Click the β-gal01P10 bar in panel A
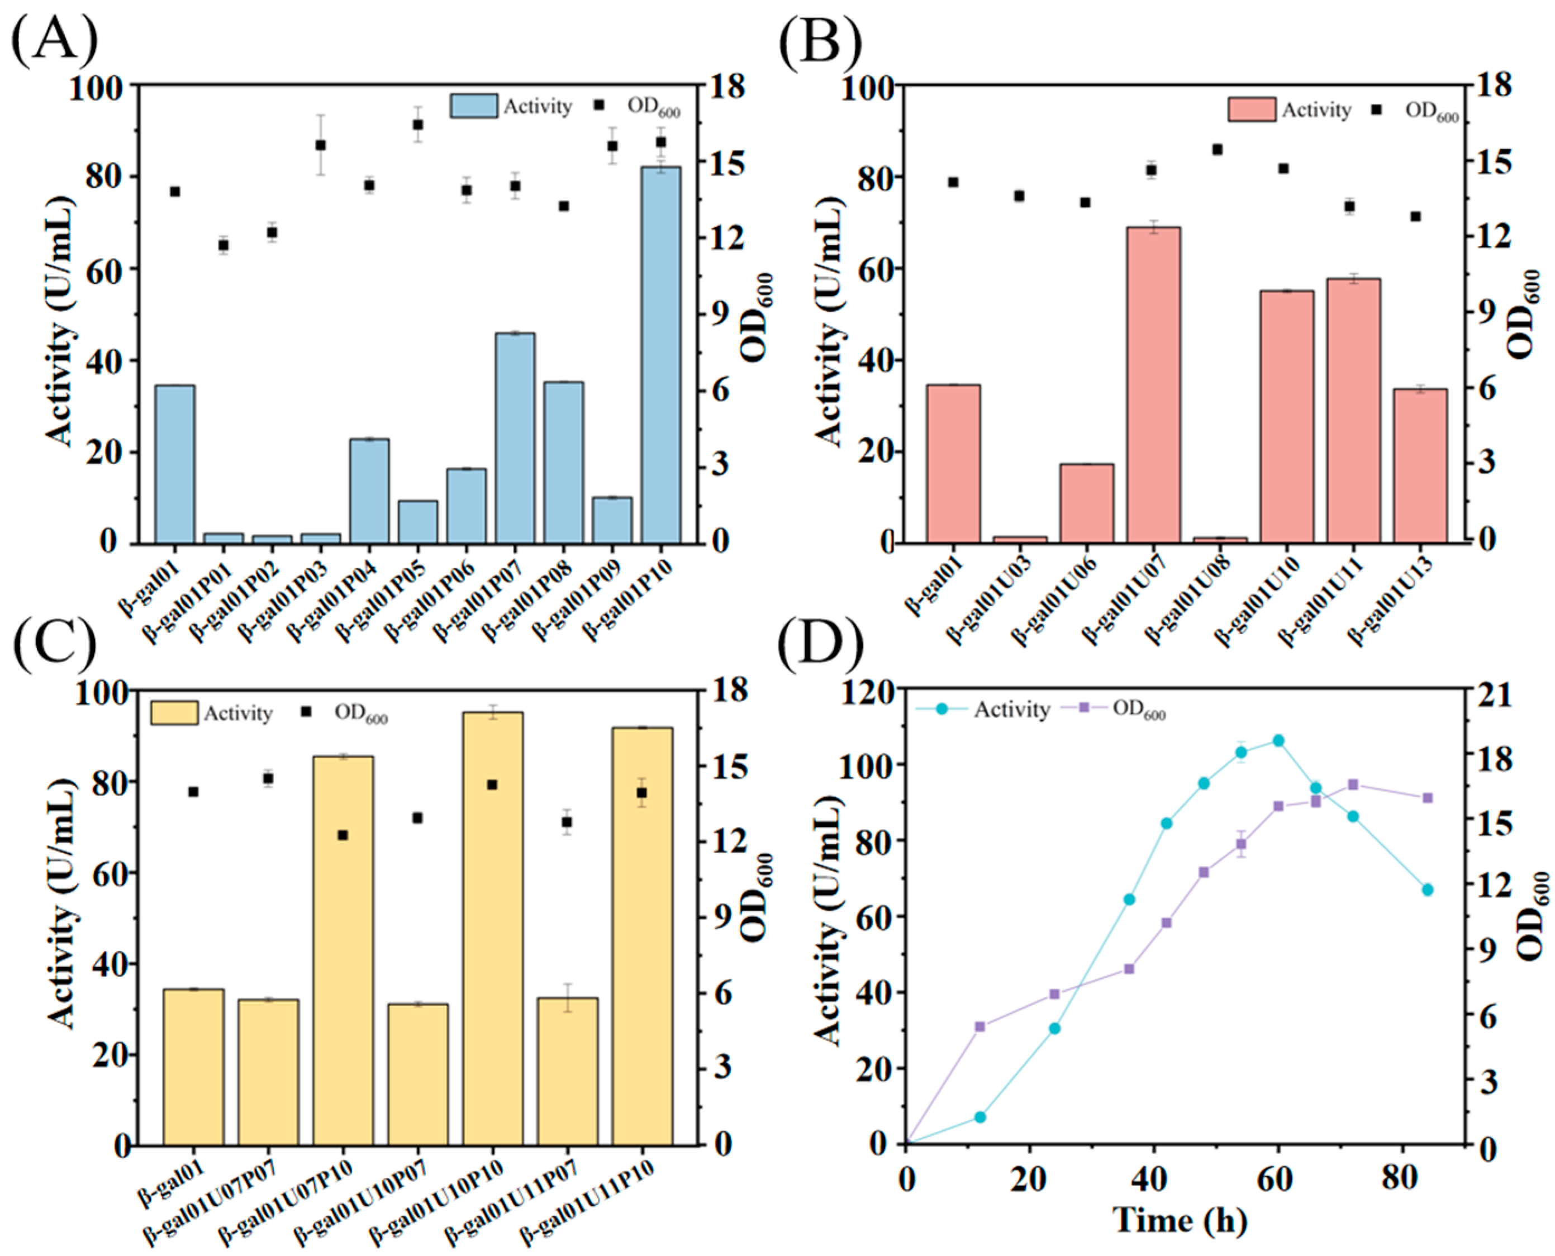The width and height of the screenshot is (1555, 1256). pyautogui.click(x=660, y=355)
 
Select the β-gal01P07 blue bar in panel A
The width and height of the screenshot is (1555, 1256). pyautogui.click(x=515, y=437)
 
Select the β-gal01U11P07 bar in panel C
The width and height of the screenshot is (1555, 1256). pyautogui.click(x=567, y=1071)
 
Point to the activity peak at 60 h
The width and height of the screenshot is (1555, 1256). pyautogui.click(x=1278, y=740)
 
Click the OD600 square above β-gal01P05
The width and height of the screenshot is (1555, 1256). pyautogui.click(x=417, y=125)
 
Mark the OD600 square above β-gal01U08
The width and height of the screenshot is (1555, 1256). pyautogui.click(x=1217, y=150)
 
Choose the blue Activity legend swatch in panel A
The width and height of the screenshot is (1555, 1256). pyautogui.click(x=473, y=106)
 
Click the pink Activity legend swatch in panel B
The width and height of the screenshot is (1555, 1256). pyautogui.click(x=1251, y=110)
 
